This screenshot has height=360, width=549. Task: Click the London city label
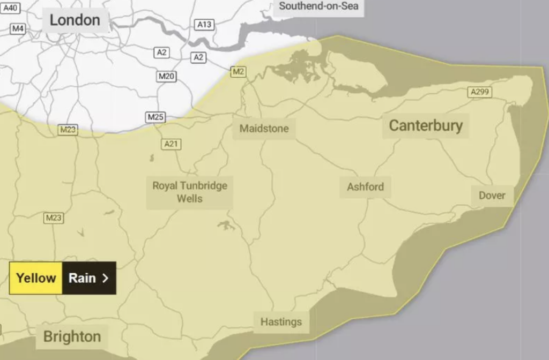[x=75, y=21]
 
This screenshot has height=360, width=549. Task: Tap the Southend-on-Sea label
[x=318, y=6]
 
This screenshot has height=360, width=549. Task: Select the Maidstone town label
[x=264, y=129]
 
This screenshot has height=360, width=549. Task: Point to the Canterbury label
[x=425, y=126]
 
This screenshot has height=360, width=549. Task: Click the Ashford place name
[x=365, y=187]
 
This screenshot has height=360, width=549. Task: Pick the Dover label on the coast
[x=492, y=196]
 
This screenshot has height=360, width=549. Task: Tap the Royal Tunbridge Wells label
[x=190, y=192]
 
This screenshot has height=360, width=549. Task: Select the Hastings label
[x=281, y=322]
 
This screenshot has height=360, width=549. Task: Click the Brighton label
[x=72, y=336]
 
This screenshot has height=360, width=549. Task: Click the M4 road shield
[x=18, y=28]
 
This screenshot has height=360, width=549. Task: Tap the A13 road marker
[x=204, y=25]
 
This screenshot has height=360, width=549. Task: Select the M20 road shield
[x=166, y=77]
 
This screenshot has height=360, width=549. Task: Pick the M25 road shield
[x=155, y=117]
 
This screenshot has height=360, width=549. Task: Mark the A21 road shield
[x=171, y=144]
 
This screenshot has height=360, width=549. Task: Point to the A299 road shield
[x=479, y=92]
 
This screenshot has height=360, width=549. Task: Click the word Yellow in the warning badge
[x=36, y=278]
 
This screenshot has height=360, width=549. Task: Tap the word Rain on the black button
[x=82, y=278]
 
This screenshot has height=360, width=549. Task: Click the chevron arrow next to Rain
[x=105, y=278]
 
